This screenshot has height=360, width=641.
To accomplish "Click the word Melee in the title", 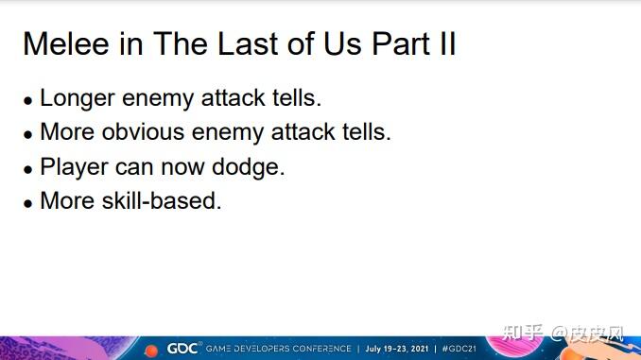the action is click(66, 43).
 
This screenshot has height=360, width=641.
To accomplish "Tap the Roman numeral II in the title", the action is click(447, 43).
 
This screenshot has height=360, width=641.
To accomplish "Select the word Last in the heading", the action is click(248, 43).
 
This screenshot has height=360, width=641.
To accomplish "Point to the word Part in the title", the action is click(402, 43).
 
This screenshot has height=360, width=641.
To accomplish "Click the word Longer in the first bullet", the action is click(78, 99).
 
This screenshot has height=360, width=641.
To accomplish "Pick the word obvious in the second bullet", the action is click(143, 132).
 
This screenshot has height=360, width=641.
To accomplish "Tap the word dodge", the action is click(248, 167).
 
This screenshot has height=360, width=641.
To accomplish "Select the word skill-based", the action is click(162, 200).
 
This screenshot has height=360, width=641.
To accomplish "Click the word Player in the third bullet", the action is click(74, 167).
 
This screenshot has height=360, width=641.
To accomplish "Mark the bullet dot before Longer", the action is click(27, 100).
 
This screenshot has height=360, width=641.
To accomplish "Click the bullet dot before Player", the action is click(27, 169).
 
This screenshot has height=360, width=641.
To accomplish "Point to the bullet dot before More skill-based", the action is click(27, 203).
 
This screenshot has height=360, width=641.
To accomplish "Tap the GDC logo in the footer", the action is click(182, 349).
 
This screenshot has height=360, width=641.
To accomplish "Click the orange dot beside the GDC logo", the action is click(151, 351).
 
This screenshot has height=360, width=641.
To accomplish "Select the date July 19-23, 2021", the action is click(397, 349).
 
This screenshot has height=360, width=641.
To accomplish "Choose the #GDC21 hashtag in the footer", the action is click(459, 349).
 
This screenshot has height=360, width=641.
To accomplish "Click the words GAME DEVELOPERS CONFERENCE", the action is click(278, 349).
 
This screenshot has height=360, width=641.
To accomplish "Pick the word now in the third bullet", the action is click(183, 167).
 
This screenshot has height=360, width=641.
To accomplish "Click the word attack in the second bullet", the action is click(303, 132).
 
